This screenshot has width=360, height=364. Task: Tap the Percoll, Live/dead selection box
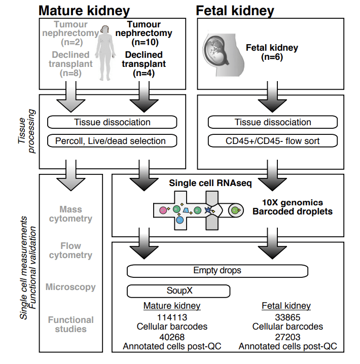click(112, 141)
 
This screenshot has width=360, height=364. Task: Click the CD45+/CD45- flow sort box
click(273, 141)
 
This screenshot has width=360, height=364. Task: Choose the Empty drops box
click(217, 271)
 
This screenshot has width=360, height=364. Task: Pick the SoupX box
click(178, 291)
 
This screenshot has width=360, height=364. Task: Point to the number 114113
click(172, 317)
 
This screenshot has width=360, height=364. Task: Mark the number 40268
click(172, 337)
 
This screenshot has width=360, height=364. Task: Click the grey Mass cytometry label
click(70, 214)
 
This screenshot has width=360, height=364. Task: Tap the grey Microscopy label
click(70, 287)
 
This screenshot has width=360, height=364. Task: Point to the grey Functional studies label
click(70, 324)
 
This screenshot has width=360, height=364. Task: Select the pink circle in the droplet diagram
click(163, 209)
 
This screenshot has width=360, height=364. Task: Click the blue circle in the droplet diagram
click(179, 220)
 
